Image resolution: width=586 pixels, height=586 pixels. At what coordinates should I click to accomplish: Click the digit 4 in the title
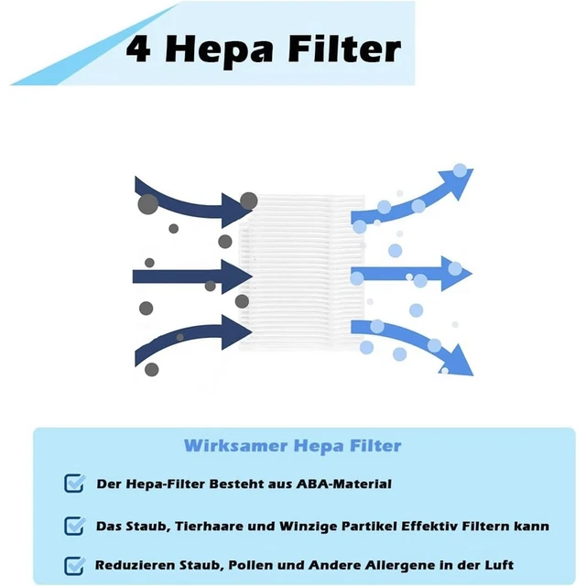(138, 49)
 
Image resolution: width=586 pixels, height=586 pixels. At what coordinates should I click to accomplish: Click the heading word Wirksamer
(236, 446)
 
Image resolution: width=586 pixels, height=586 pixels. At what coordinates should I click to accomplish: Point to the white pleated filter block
(301, 272)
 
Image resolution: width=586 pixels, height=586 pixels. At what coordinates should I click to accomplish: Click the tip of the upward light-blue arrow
(473, 169)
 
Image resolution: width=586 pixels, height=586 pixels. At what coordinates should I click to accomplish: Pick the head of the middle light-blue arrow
(457, 274)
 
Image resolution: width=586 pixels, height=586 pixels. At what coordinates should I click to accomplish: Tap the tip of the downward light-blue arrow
(473, 375)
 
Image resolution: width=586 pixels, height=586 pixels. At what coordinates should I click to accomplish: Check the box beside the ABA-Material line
(74, 483)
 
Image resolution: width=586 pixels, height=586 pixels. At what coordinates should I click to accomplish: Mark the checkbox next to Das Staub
(74, 526)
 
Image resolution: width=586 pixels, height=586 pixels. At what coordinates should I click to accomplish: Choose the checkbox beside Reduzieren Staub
(74, 566)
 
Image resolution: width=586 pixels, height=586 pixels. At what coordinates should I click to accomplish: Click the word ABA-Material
(344, 484)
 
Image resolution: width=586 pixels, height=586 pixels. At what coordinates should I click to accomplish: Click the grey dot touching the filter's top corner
(248, 201)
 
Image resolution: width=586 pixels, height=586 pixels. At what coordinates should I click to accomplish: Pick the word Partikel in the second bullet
(368, 526)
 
